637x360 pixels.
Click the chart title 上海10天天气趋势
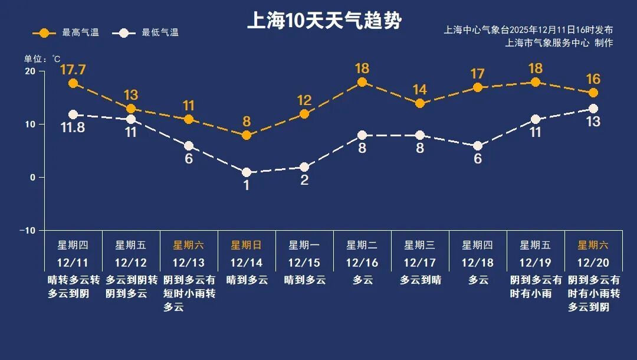tap(324, 21)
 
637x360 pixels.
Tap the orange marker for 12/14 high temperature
tap(247, 136)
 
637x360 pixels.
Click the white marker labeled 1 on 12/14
tap(247, 172)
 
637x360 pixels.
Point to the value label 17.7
tap(73, 70)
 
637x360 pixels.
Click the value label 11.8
tap(73, 128)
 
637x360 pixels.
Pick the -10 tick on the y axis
tap(28, 230)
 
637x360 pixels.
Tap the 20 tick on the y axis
tap(29, 71)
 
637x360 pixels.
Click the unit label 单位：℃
tap(42, 58)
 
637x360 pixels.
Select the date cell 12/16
tap(362, 263)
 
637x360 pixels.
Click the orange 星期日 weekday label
tap(247, 245)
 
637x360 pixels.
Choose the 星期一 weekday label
tap(304, 245)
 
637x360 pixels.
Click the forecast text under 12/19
tap(536, 286)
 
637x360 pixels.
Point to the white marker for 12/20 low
tap(593, 109)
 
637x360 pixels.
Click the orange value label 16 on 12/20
tap(593, 79)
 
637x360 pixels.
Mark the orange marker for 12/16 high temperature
tap(362, 82)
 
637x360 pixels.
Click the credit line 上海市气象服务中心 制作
tap(559, 42)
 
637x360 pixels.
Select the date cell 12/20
tap(593, 263)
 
